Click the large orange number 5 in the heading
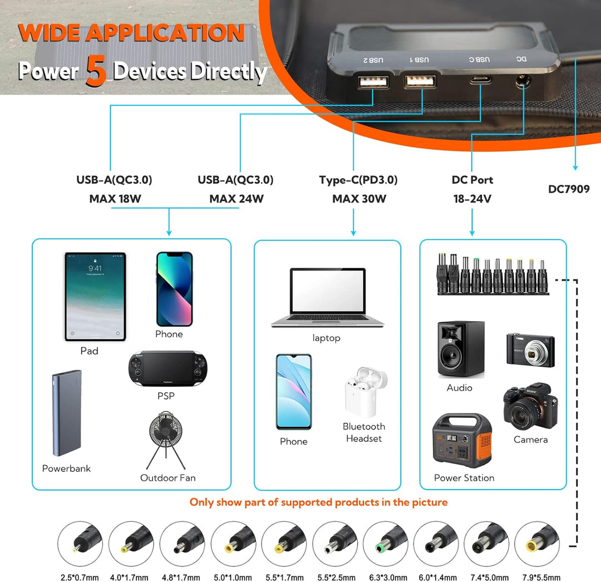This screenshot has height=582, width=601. point(96,72)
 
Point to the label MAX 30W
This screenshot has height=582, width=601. point(359,199)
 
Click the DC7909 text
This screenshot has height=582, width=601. point(568,189)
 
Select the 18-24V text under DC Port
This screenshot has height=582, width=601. point(472,199)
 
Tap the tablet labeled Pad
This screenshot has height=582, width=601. point(95,297)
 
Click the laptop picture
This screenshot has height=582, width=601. point(327,298)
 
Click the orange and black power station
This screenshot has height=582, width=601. point(462,441)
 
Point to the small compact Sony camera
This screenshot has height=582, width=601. point(530,350)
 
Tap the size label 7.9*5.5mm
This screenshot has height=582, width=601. point(538,578)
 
